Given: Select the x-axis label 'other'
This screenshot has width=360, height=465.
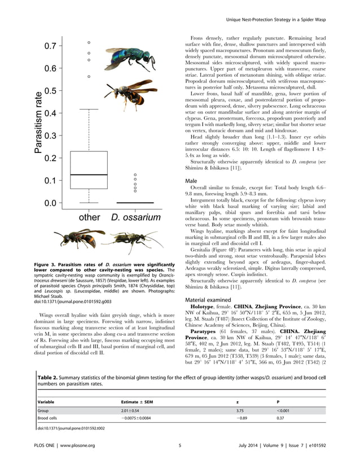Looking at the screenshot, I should (89, 217).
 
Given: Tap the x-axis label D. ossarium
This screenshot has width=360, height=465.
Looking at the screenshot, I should (135, 217).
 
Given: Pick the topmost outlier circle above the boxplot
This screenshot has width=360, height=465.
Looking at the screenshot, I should (88, 42).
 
